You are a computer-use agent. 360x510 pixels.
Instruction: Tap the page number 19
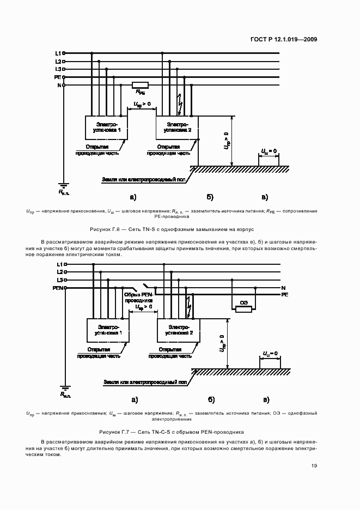[314, 465]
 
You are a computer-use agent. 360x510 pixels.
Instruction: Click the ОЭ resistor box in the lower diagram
[243, 309]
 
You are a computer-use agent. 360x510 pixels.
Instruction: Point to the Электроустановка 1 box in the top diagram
[106, 127]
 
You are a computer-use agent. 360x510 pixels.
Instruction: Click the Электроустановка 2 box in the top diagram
[178, 127]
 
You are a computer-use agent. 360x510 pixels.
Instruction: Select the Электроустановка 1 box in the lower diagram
[108, 331]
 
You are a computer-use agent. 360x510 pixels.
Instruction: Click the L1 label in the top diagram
[58, 53]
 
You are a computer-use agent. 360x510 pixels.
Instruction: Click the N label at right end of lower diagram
[283, 287]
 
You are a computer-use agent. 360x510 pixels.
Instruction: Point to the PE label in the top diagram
[58, 77]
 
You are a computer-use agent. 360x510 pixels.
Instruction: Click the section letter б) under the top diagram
[210, 197]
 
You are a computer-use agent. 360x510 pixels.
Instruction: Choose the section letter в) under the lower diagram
[266, 399]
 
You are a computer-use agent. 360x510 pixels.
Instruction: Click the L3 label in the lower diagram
[59, 279]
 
